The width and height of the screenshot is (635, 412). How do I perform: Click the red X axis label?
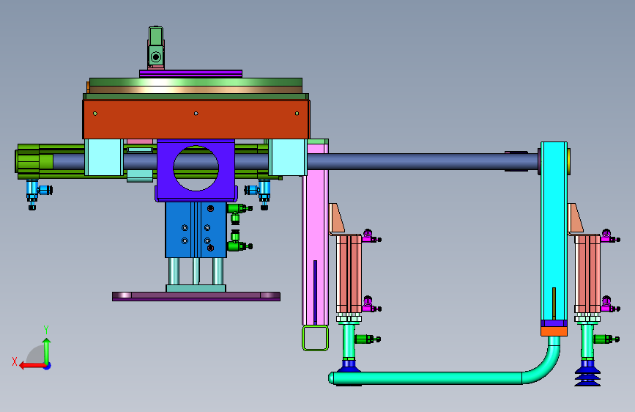(x=15, y=361)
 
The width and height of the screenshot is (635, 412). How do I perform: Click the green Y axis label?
(x=46, y=330)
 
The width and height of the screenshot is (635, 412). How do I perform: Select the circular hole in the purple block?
(x=196, y=169)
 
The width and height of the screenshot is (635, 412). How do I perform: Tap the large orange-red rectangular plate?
(x=196, y=119)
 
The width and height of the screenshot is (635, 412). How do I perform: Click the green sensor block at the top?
(x=156, y=47)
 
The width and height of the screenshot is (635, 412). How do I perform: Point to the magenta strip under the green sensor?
(x=190, y=73)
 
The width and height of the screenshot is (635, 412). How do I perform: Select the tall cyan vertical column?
(x=554, y=231)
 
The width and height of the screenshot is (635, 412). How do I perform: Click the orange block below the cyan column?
(x=554, y=331)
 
